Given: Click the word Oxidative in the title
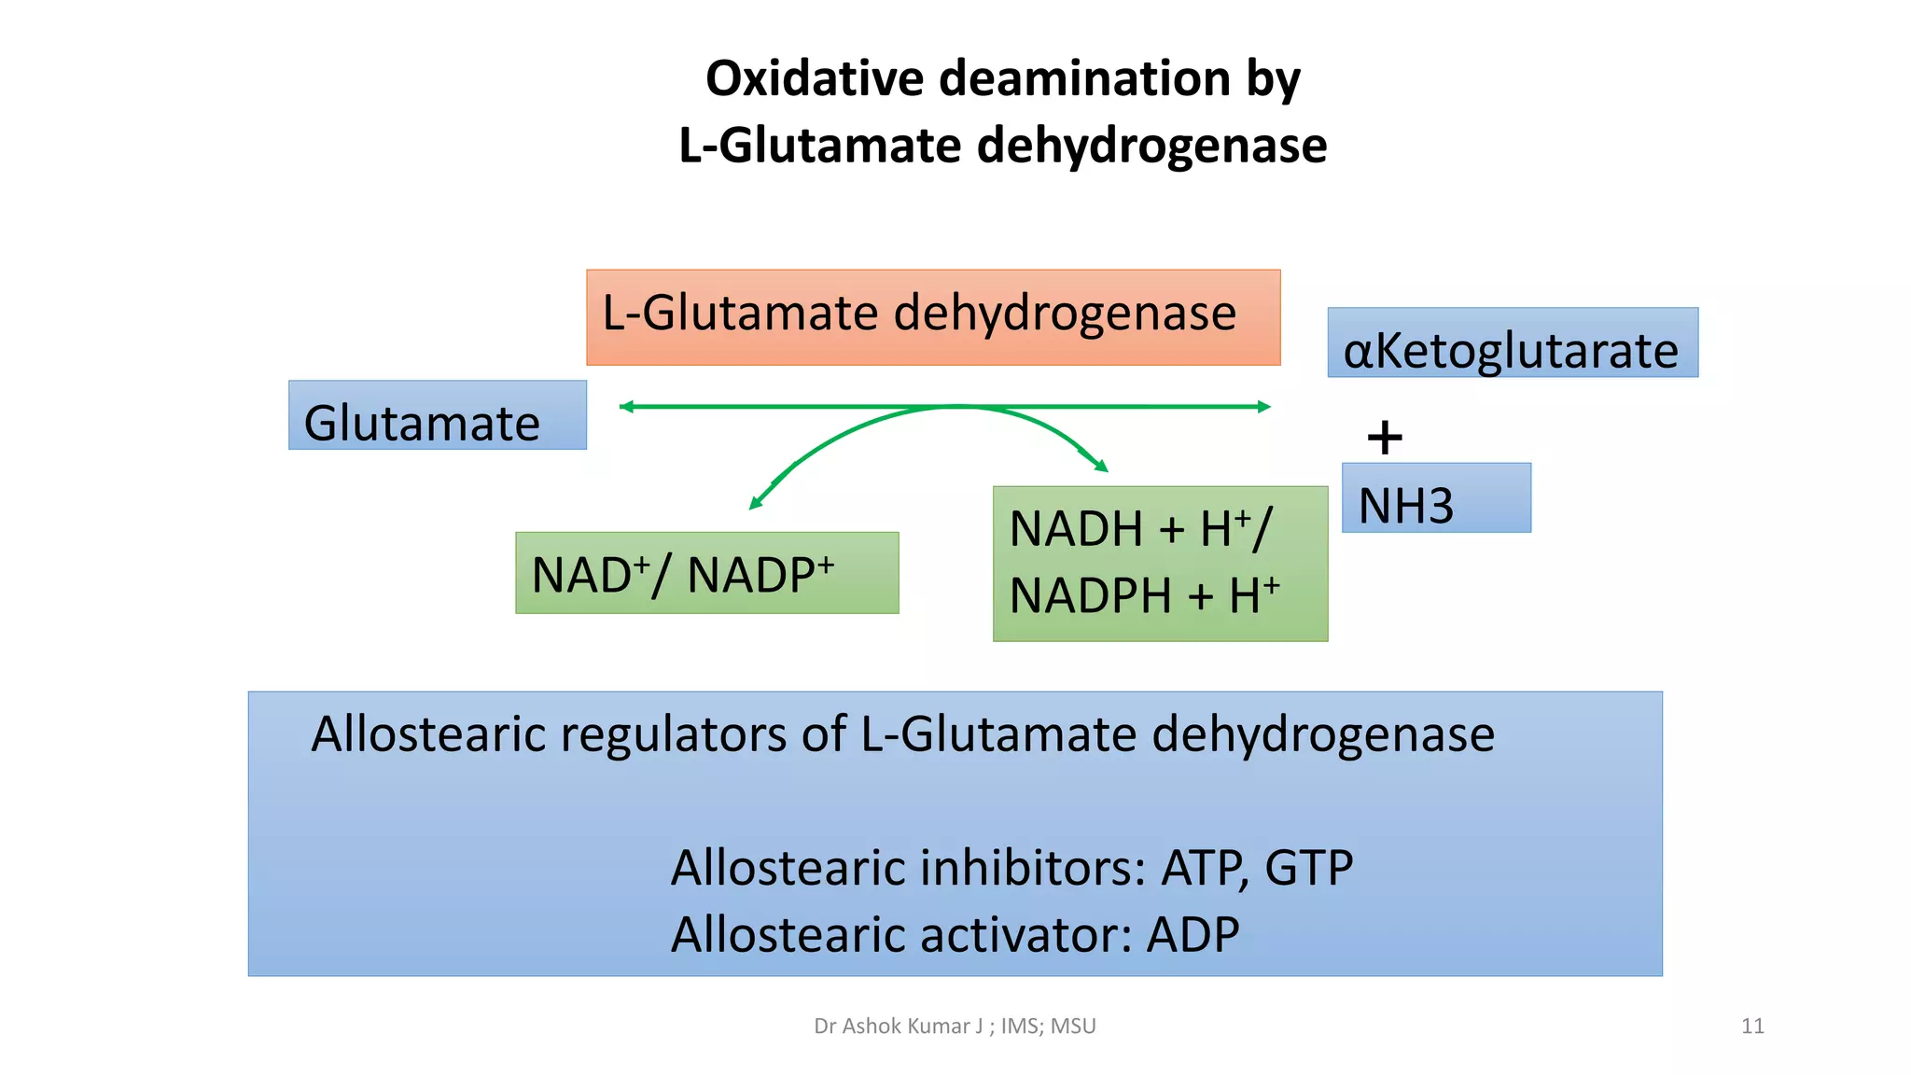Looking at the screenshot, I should [816, 78].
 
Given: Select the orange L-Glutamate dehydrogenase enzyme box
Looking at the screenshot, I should [932, 317].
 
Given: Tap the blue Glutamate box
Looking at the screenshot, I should [437, 415].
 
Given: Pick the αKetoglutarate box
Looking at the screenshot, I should [1512, 343].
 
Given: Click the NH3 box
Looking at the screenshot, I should [1435, 498].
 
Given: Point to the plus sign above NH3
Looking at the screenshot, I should [1385, 438].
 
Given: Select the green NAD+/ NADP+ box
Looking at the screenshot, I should [706, 573].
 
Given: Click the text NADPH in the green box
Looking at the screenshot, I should [1090, 596].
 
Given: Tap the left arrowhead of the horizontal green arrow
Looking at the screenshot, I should [626, 407].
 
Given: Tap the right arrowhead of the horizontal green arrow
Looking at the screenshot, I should [1264, 407].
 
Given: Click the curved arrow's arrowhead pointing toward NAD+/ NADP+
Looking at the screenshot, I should [756, 504].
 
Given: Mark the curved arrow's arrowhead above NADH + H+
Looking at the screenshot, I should [1101, 465].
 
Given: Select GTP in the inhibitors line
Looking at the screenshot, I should [1308, 869].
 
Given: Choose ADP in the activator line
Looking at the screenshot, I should [1193, 935].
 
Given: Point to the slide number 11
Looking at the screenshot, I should [1752, 1026].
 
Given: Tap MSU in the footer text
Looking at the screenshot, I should [1073, 1026].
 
